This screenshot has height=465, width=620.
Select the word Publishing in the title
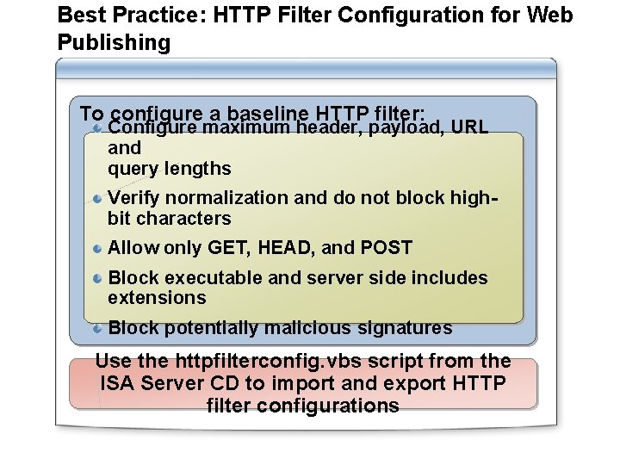(x=114, y=43)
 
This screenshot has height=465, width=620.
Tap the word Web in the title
(x=551, y=15)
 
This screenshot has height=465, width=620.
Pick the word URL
(x=469, y=128)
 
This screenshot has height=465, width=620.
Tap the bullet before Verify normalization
(x=98, y=198)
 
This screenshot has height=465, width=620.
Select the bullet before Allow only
(x=98, y=248)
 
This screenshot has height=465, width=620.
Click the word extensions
(x=157, y=298)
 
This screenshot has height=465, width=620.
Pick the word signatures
(x=408, y=328)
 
